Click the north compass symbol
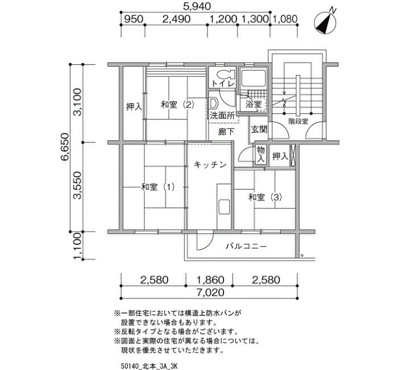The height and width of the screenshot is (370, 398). (325, 22)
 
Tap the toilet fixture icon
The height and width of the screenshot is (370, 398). (225, 74)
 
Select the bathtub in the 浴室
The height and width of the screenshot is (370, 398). (253, 79)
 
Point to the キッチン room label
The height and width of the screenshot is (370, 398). (210, 165)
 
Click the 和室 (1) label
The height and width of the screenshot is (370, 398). (157, 187)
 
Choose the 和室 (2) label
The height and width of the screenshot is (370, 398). (177, 104)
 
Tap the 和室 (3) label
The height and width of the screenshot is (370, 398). (265, 197)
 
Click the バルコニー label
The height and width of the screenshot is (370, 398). (246, 246)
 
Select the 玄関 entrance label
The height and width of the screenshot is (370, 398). (259, 129)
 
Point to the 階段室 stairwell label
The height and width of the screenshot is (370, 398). (298, 121)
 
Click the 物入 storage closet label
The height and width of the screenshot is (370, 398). (260, 154)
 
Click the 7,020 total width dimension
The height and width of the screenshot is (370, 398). (210, 293)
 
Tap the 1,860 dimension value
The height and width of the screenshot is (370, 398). (211, 280)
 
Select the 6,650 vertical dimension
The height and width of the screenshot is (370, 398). (64, 147)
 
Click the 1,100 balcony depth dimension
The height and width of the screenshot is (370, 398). (77, 246)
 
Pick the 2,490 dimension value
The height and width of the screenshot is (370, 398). (176, 19)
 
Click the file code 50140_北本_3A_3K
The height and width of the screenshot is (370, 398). (149, 366)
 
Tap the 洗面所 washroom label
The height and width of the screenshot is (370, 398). (222, 116)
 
